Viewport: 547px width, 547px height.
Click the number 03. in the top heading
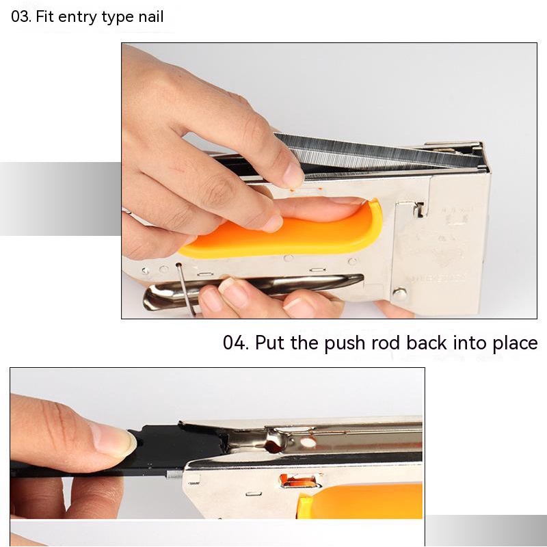(x=21, y=16)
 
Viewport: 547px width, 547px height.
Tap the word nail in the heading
(x=150, y=16)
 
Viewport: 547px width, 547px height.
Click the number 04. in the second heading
(x=236, y=343)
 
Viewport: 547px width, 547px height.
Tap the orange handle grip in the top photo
(x=286, y=232)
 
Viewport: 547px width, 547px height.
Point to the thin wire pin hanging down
(x=185, y=289)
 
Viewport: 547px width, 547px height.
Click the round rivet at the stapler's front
(x=400, y=293)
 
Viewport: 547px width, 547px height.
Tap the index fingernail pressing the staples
(x=293, y=174)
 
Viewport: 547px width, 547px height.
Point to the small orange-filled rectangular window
(x=299, y=481)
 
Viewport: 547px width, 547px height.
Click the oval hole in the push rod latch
(x=307, y=442)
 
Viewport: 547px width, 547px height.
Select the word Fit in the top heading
(x=44, y=16)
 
